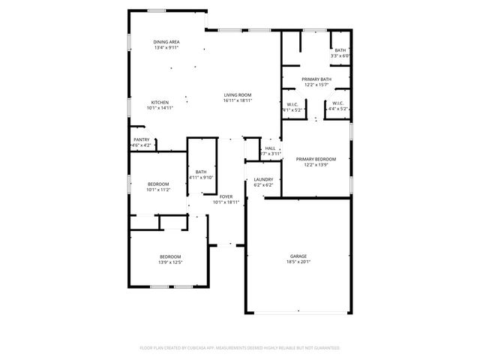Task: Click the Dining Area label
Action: tap(166, 42)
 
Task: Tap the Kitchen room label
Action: tap(160, 102)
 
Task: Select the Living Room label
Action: tap(237, 94)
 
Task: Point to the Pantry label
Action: tap(141, 139)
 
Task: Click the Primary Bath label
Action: tap(316, 79)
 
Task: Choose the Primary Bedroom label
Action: tap(316, 159)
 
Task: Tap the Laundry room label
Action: tap(262, 179)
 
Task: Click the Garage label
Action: tap(298, 256)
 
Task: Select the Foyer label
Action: tap(226, 196)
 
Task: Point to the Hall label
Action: tap(270, 148)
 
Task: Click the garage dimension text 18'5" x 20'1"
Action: tap(298, 262)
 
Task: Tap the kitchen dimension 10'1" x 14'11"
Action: tap(160, 107)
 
